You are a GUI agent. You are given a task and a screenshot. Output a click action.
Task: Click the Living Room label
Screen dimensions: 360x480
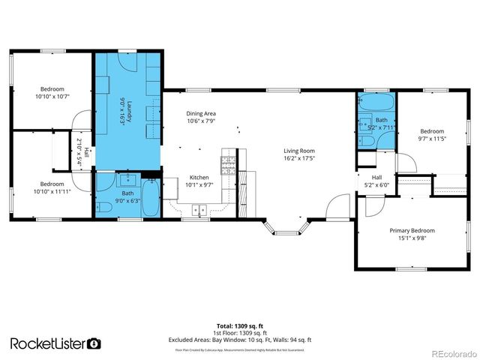[298, 151]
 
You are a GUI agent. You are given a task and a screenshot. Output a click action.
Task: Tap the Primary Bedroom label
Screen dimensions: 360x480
[412, 231]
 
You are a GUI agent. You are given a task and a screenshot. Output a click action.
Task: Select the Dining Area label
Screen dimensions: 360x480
[201, 113]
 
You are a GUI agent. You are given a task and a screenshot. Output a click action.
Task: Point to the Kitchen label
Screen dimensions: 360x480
[199, 177]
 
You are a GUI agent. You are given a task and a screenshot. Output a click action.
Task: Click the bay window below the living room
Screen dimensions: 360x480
[285, 226]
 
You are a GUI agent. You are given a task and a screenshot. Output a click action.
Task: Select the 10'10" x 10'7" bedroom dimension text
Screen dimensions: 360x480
[52, 96]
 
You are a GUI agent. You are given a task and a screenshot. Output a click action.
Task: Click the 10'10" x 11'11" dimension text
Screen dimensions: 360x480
[52, 191]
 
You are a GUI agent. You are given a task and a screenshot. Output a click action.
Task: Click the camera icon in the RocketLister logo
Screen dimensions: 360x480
[94, 343]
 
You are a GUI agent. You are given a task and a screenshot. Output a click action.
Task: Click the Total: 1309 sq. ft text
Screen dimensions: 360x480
[240, 325]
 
